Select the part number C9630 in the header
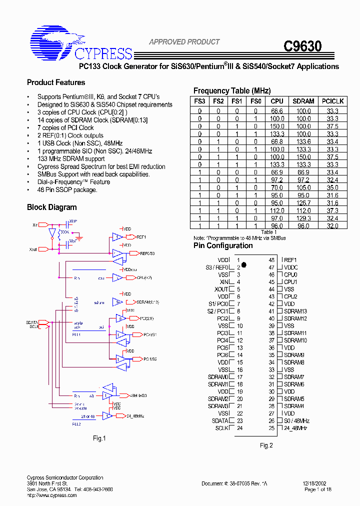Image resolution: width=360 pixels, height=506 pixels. coord(302,46)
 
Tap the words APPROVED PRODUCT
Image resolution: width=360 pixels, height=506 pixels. coord(184,42)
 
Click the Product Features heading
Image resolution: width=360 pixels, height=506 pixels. coord(56,82)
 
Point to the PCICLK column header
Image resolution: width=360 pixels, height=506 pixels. coord(332,101)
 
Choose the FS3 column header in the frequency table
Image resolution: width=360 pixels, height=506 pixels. coord(200,101)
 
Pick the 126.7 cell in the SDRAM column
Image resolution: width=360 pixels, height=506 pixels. coord(303,203)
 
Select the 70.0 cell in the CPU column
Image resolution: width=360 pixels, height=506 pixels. coord(277,187)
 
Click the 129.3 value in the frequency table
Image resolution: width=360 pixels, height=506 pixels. coord(303,218)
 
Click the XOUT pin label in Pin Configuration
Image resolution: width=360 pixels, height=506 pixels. coord(221,289)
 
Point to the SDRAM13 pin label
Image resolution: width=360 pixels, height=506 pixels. coord(295,311)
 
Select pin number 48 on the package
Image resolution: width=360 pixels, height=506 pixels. coord(271,260)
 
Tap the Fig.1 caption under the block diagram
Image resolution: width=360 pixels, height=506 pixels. coord(99,438)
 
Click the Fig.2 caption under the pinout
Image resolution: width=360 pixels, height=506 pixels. coord(266,445)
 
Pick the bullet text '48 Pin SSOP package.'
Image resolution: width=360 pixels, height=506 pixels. coord(67,189)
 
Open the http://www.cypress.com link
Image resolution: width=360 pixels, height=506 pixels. coord(52,495)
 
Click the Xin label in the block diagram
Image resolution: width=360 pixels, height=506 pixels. coord(35,225)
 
